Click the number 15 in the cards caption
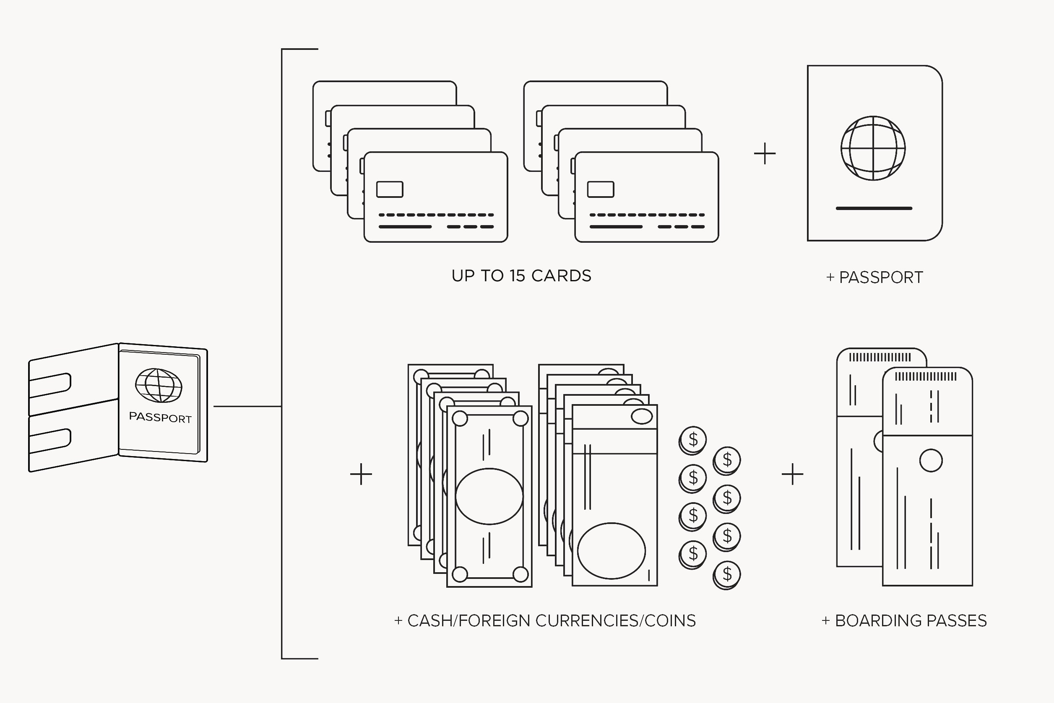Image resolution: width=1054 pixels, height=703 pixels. [x=517, y=276]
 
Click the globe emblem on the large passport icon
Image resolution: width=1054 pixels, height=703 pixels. [x=873, y=148]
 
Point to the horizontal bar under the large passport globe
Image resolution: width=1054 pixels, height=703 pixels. [x=874, y=208]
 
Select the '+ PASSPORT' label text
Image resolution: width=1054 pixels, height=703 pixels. [x=874, y=278]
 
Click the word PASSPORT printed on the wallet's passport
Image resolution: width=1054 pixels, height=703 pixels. [x=160, y=418]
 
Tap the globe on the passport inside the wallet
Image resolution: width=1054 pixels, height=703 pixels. [x=159, y=385]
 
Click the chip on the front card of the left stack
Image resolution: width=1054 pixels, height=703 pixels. [x=390, y=189]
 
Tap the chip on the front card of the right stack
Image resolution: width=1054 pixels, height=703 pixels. [x=601, y=189]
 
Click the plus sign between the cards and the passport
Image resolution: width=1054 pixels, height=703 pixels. [x=765, y=154]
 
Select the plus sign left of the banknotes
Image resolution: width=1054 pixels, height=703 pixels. [x=361, y=474]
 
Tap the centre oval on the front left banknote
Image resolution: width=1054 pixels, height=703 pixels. [x=489, y=496]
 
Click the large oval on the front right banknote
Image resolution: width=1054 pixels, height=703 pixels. [x=612, y=551]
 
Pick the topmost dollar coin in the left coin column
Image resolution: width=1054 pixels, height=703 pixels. [x=693, y=440]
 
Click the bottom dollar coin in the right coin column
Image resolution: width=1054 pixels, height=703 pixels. [x=727, y=574]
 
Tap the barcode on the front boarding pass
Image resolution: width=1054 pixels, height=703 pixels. [x=926, y=376]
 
